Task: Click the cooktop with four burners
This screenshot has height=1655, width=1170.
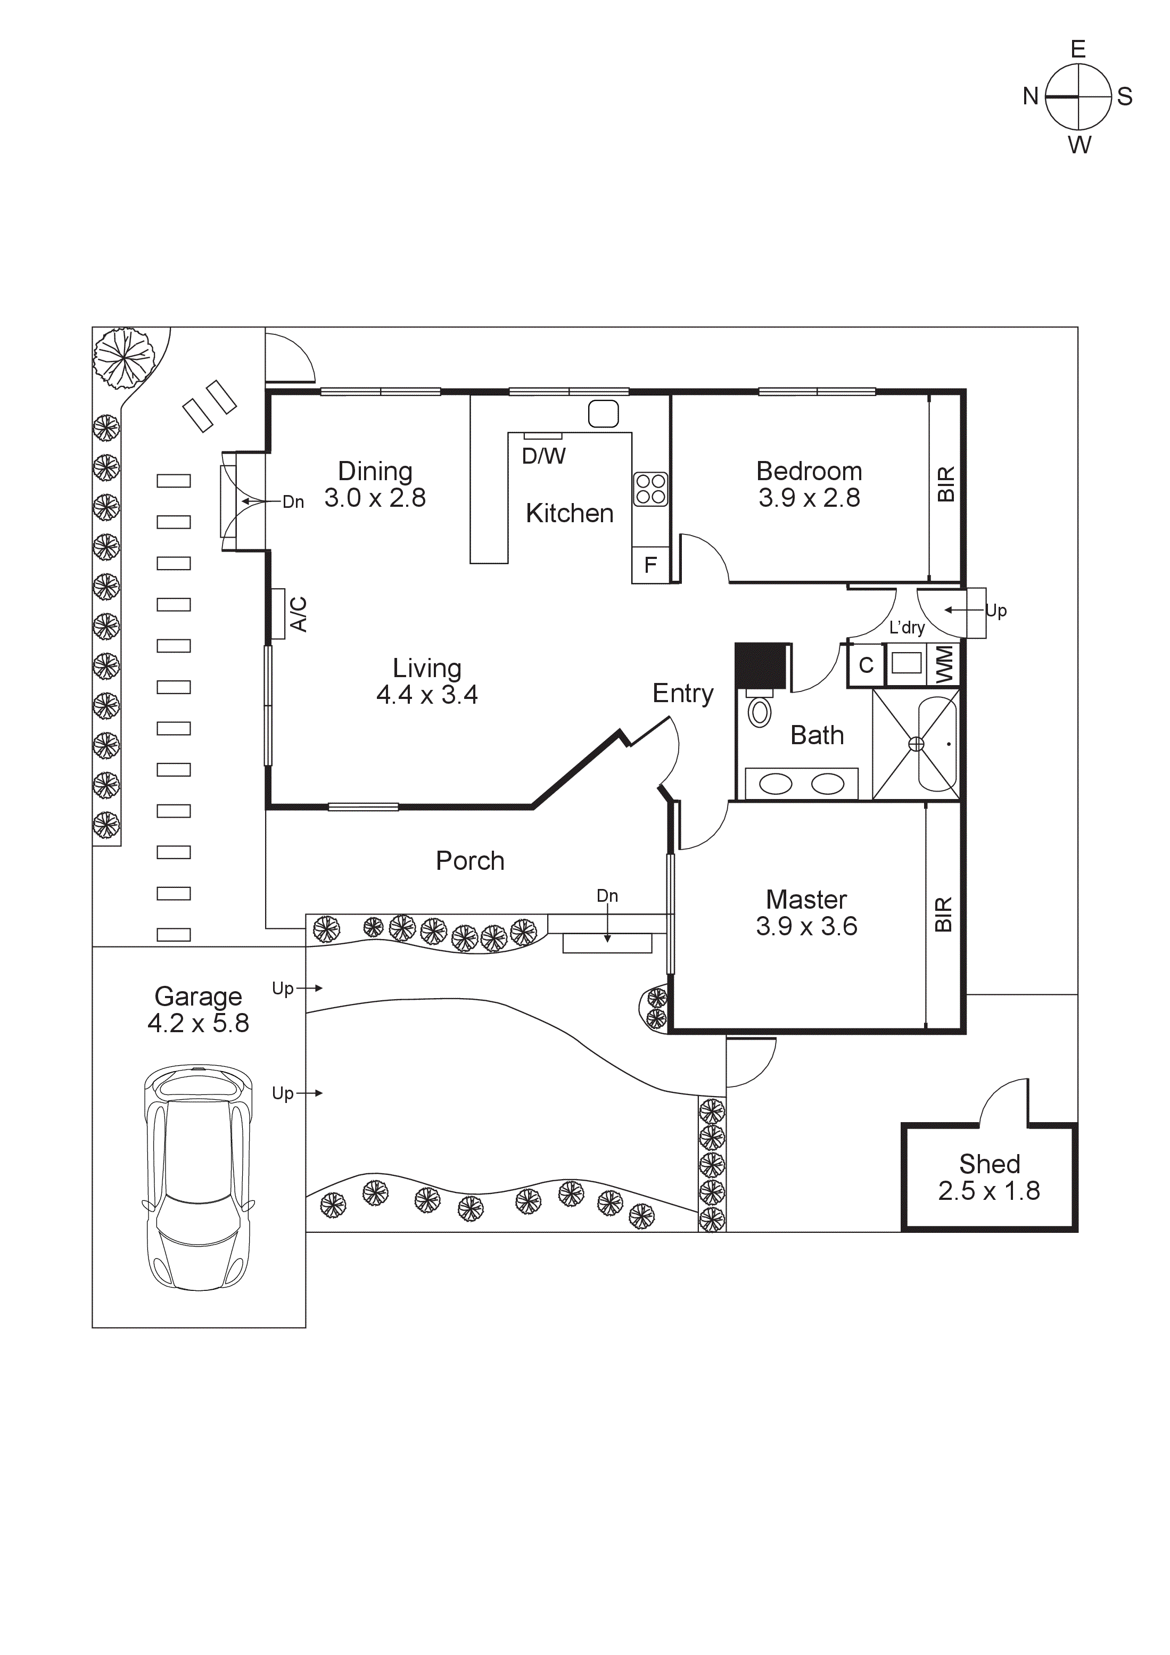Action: pos(650,489)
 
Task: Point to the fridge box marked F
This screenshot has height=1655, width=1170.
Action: pos(650,565)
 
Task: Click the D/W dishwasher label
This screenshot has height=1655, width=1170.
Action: pos(543,456)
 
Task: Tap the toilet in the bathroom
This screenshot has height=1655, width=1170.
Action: pos(759,711)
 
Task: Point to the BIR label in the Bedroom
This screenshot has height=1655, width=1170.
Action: pos(946,484)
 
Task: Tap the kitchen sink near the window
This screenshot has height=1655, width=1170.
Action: pos(604,414)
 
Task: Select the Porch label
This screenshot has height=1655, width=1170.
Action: pos(470,861)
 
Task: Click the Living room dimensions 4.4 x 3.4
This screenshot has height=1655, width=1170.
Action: pos(427,695)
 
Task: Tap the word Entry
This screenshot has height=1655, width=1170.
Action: pos(683,694)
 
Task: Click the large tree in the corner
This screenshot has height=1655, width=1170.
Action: pos(125,356)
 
